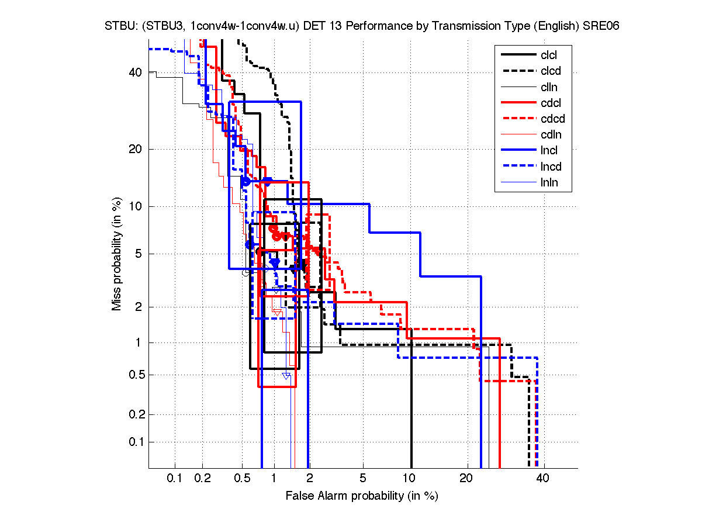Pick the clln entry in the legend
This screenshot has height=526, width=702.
pos(549,87)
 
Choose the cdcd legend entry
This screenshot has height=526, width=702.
pos(552,119)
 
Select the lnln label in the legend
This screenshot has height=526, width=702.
pos(549,182)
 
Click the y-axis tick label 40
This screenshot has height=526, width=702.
pos(136,72)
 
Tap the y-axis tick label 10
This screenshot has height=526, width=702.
pos(136,206)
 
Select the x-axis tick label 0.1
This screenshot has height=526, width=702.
pos(175,479)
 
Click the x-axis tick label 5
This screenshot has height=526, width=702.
pos(363,479)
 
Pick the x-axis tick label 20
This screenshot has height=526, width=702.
pos(466,479)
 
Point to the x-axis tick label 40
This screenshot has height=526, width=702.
pos(542,479)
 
